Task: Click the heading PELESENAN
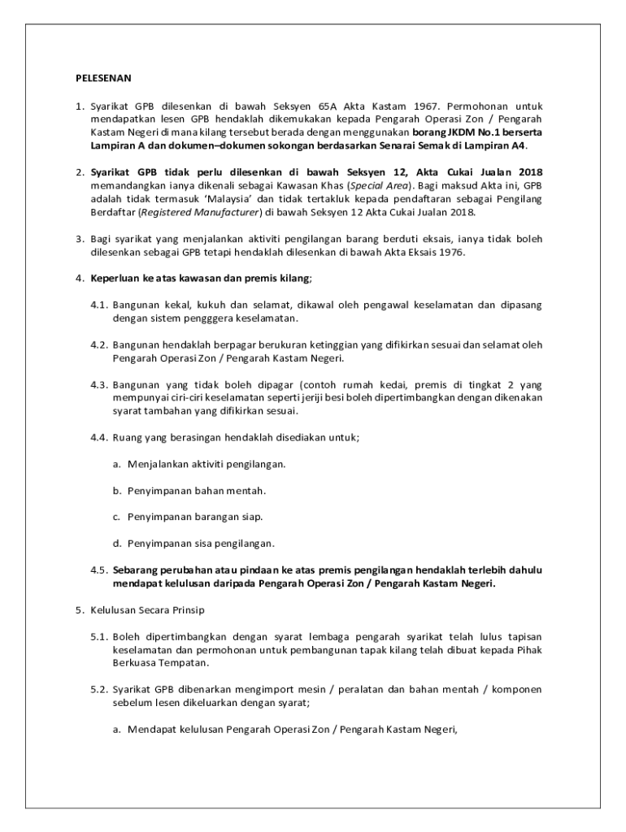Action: [x=98, y=79]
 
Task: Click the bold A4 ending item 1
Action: [x=515, y=145]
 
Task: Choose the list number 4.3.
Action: [x=99, y=384]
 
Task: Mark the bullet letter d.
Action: [x=117, y=542]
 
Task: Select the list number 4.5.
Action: [x=99, y=570]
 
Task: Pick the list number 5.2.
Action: [x=99, y=689]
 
